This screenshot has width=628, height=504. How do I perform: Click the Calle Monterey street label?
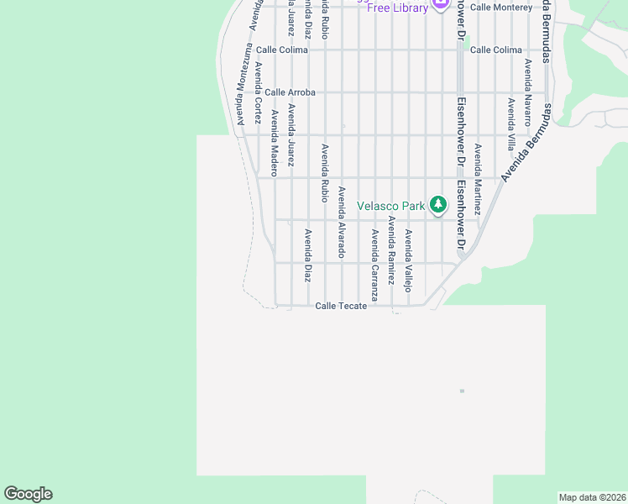[500, 7]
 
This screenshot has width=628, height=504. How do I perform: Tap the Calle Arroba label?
[290, 92]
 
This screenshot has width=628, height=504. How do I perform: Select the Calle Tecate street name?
[341, 306]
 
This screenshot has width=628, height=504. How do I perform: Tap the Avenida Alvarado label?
[342, 222]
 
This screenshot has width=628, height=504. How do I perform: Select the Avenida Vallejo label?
[408, 260]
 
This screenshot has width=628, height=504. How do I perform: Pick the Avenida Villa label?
[511, 124]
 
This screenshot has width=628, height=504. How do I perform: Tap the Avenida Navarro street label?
[528, 92]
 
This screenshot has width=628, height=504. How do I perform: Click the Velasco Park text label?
[391, 206]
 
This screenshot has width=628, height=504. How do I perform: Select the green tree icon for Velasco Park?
[437, 204]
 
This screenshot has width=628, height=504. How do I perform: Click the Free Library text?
[397, 8]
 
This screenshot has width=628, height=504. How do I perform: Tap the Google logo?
[29, 494]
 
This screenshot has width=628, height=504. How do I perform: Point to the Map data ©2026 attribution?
[593, 497]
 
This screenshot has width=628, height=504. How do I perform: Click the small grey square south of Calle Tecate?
[462, 391]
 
